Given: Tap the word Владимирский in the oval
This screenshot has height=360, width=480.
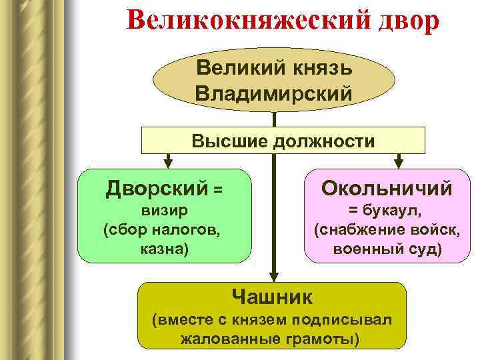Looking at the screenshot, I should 274,92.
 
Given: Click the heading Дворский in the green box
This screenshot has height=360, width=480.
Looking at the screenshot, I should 157,189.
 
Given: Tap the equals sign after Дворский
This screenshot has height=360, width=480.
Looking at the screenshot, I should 217,191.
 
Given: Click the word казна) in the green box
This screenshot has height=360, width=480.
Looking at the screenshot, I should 164,249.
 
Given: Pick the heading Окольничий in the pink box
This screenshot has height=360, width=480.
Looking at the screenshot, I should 387,189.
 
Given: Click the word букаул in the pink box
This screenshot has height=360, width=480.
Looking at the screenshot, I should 393,211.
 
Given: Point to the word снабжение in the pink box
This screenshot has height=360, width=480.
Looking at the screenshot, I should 373,231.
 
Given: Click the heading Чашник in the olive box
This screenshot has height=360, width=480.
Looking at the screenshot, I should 271,294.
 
